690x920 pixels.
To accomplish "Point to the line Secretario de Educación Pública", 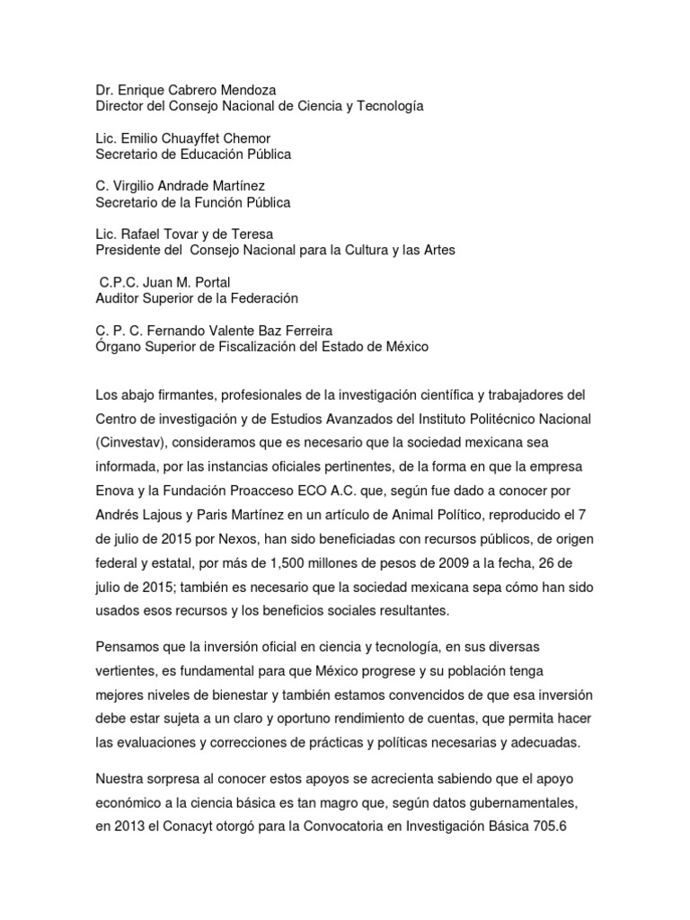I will pos(193,155).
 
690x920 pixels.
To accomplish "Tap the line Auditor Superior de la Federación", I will pos(197,298).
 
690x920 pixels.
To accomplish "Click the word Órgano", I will pos(119,347).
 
